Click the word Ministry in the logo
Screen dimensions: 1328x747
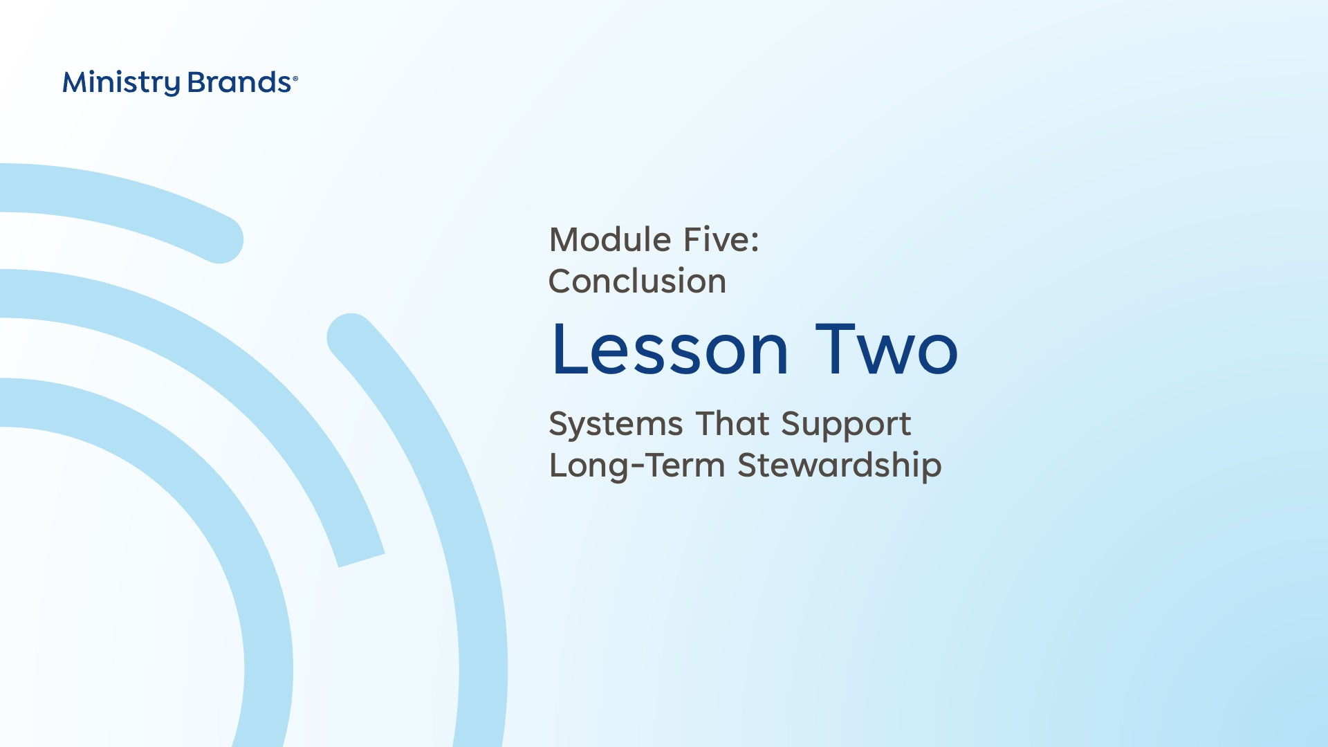click(121, 83)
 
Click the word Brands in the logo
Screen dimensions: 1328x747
click(239, 82)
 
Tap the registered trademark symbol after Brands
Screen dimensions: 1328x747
click(295, 79)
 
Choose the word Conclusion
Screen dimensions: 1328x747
click(637, 282)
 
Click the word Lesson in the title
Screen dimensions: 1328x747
click(670, 349)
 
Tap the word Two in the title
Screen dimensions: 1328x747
click(887, 349)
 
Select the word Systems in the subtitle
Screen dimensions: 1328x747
click(616, 425)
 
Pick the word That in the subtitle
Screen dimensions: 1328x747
click(732, 423)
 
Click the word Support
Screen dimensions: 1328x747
click(846, 425)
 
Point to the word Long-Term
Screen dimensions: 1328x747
click(636, 466)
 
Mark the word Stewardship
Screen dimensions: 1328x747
click(839, 466)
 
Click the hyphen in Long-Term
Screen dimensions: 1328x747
click(638, 468)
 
